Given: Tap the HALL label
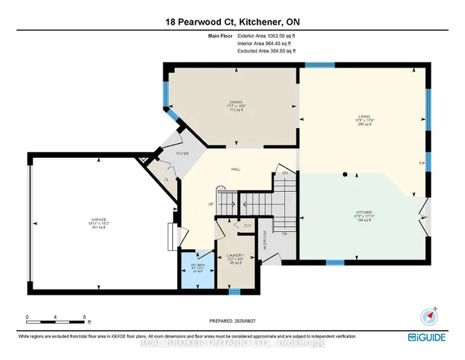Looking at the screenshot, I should [235, 169].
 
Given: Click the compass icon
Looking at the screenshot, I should [427, 316].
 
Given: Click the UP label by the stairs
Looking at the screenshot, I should [211, 204].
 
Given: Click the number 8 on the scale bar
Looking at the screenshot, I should [85, 317].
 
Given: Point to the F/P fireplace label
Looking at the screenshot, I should [421, 163].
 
